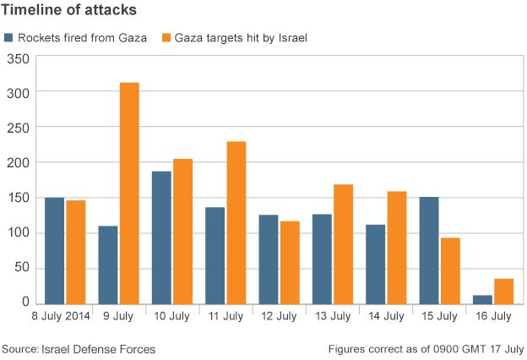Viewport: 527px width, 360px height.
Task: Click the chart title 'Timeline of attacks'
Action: pyautogui.click(x=70, y=11)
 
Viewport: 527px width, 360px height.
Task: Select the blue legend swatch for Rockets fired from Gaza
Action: pyautogui.click(x=8, y=37)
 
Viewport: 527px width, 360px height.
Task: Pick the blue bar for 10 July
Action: pyautogui.click(x=161, y=237)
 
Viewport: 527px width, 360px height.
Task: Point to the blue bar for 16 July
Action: pyautogui.click(x=482, y=298)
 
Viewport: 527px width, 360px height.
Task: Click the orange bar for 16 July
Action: pyautogui.click(x=503, y=291)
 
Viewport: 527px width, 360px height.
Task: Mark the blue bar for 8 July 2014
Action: pyautogui.click(x=55, y=250)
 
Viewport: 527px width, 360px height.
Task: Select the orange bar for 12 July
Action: pyautogui.click(x=290, y=262)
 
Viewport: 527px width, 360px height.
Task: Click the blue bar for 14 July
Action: pyautogui.click(x=375, y=264)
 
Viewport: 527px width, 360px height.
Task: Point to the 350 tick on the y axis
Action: pyautogui.click(x=19, y=58)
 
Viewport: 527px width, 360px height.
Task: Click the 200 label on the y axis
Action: pyautogui.click(x=19, y=163)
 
